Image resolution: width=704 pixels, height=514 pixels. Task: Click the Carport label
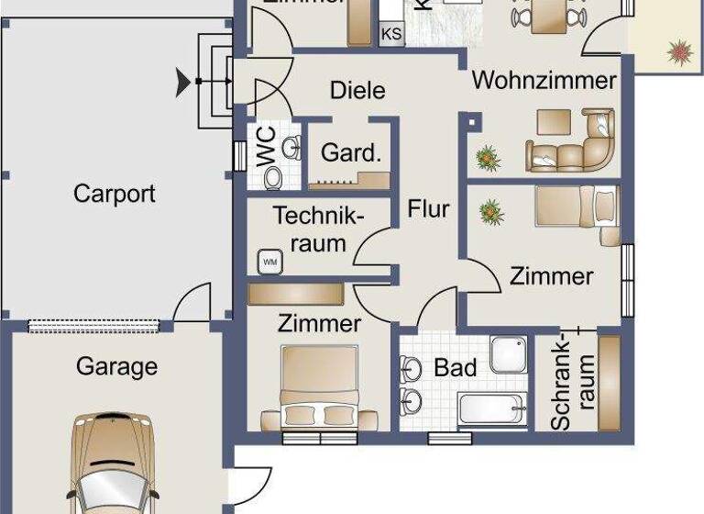click(115, 195)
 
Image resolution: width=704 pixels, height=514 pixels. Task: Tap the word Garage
click(116, 367)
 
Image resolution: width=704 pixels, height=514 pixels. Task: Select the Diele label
click(357, 90)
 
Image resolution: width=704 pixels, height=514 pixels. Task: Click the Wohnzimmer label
click(544, 80)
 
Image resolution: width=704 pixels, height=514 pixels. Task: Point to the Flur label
click(429, 209)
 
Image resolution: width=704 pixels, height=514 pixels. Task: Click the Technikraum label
click(319, 229)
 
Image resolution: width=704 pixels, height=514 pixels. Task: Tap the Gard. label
click(350, 153)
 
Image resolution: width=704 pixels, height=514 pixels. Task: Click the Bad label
click(456, 368)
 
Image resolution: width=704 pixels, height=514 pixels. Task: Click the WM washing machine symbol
click(270, 262)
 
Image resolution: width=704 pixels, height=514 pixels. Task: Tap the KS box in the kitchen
click(391, 34)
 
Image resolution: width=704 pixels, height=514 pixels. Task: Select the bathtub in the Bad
click(492, 408)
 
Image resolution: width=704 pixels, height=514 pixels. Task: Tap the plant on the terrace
click(680, 51)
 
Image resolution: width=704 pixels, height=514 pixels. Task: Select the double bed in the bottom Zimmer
click(318, 387)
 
